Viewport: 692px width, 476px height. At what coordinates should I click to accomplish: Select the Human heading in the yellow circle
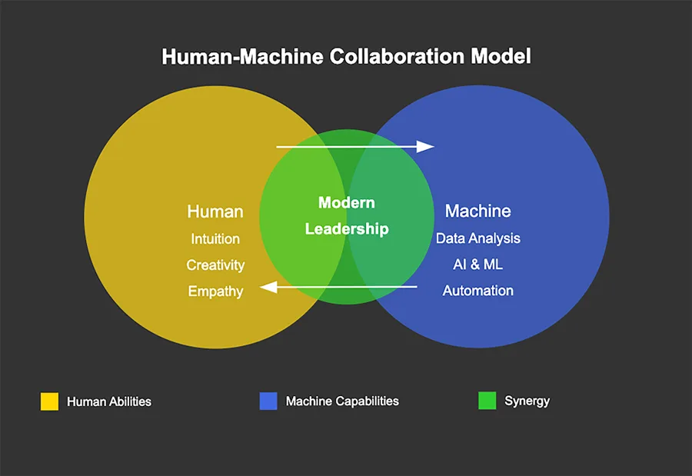pyautogui.click(x=215, y=211)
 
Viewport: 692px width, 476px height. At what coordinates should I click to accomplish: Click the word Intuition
pyautogui.click(x=215, y=239)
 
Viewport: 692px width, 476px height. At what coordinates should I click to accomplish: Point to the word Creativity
pyautogui.click(x=215, y=265)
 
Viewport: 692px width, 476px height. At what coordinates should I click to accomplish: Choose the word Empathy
pyautogui.click(x=215, y=291)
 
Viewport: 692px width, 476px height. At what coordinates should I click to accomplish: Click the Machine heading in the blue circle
pyautogui.click(x=477, y=211)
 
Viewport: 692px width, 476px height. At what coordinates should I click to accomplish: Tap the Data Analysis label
pyautogui.click(x=477, y=238)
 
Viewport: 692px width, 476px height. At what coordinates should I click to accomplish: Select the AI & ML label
pyautogui.click(x=477, y=265)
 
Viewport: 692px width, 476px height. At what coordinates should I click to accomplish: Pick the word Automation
pyautogui.click(x=477, y=291)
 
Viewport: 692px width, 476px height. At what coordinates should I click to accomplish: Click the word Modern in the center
pyautogui.click(x=347, y=203)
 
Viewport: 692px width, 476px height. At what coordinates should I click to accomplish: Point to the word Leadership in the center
pyautogui.click(x=347, y=229)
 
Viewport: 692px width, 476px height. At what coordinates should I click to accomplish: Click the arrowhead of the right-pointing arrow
pyautogui.click(x=426, y=146)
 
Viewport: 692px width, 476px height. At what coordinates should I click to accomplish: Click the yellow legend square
pyautogui.click(x=49, y=401)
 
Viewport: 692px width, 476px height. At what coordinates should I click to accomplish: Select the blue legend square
pyautogui.click(x=268, y=401)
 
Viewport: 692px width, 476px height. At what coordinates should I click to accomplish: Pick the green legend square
pyautogui.click(x=487, y=401)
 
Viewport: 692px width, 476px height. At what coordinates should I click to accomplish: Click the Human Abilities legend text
pyautogui.click(x=109, y=401)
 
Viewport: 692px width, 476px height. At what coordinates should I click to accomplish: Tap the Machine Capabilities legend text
pyautogui.click(x=342, y=401)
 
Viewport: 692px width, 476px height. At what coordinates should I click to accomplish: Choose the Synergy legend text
pyautogui.click(x=527, y=401)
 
